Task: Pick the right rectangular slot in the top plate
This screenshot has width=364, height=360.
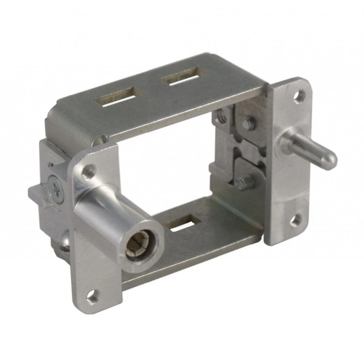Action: click(183, 76)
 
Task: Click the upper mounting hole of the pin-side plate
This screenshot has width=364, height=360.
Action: click(299, 96)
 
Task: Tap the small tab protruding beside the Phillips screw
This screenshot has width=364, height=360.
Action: click(36, 194)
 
